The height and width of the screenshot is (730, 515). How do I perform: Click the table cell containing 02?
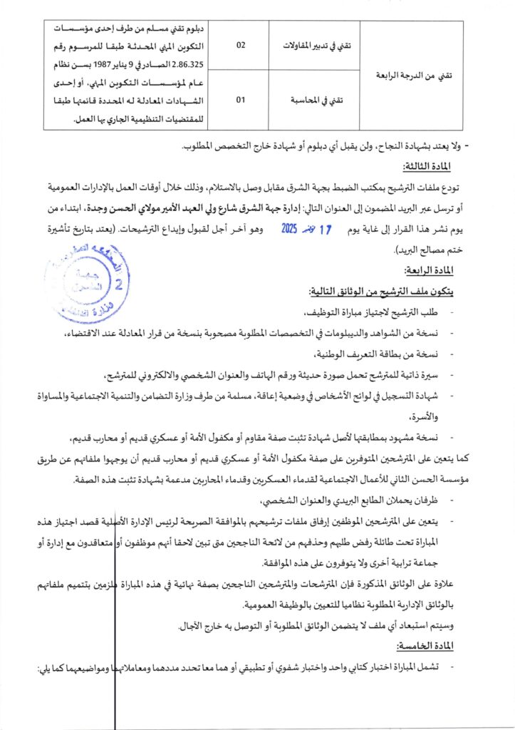[x=241, y=44]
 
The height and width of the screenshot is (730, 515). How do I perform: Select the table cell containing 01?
[x=241, y=101]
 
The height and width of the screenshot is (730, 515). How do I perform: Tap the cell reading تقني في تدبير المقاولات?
[x=313, y=44]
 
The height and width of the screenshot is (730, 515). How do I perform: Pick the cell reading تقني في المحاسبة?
[x=315, y=101]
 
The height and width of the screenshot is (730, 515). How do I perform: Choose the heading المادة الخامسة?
[x=432, y=645]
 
